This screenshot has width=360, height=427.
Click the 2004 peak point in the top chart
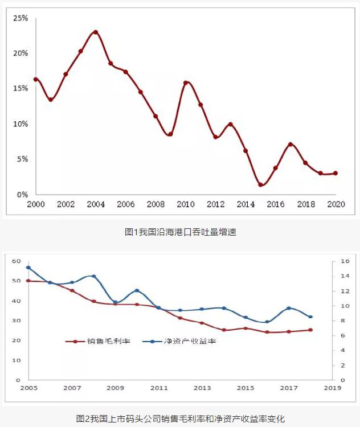tap(96, 32)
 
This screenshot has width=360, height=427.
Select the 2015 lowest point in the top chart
tap(260, 184)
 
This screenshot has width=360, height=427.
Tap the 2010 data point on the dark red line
tap(186, 83)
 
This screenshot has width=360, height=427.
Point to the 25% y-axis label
tap(21, 18)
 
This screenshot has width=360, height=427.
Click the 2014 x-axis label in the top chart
tap(246, 204)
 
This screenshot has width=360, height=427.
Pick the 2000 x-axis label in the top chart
tap(35, 204)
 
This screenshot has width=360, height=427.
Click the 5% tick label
tap(22, 159)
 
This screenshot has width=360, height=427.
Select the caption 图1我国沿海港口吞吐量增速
tap(179, 232)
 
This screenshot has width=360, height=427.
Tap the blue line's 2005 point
tap(28, 268)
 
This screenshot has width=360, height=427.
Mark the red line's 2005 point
tap(28, 281)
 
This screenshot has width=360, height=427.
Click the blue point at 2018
tap(310, 317)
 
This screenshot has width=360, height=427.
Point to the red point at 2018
tap(310, 330)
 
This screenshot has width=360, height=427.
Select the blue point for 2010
tap(137, 291)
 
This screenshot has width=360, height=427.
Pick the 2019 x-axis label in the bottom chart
tap(332, 388)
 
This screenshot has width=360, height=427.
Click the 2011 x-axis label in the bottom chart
tap(158, 388)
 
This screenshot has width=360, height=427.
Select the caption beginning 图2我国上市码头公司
tap(180, 419)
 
